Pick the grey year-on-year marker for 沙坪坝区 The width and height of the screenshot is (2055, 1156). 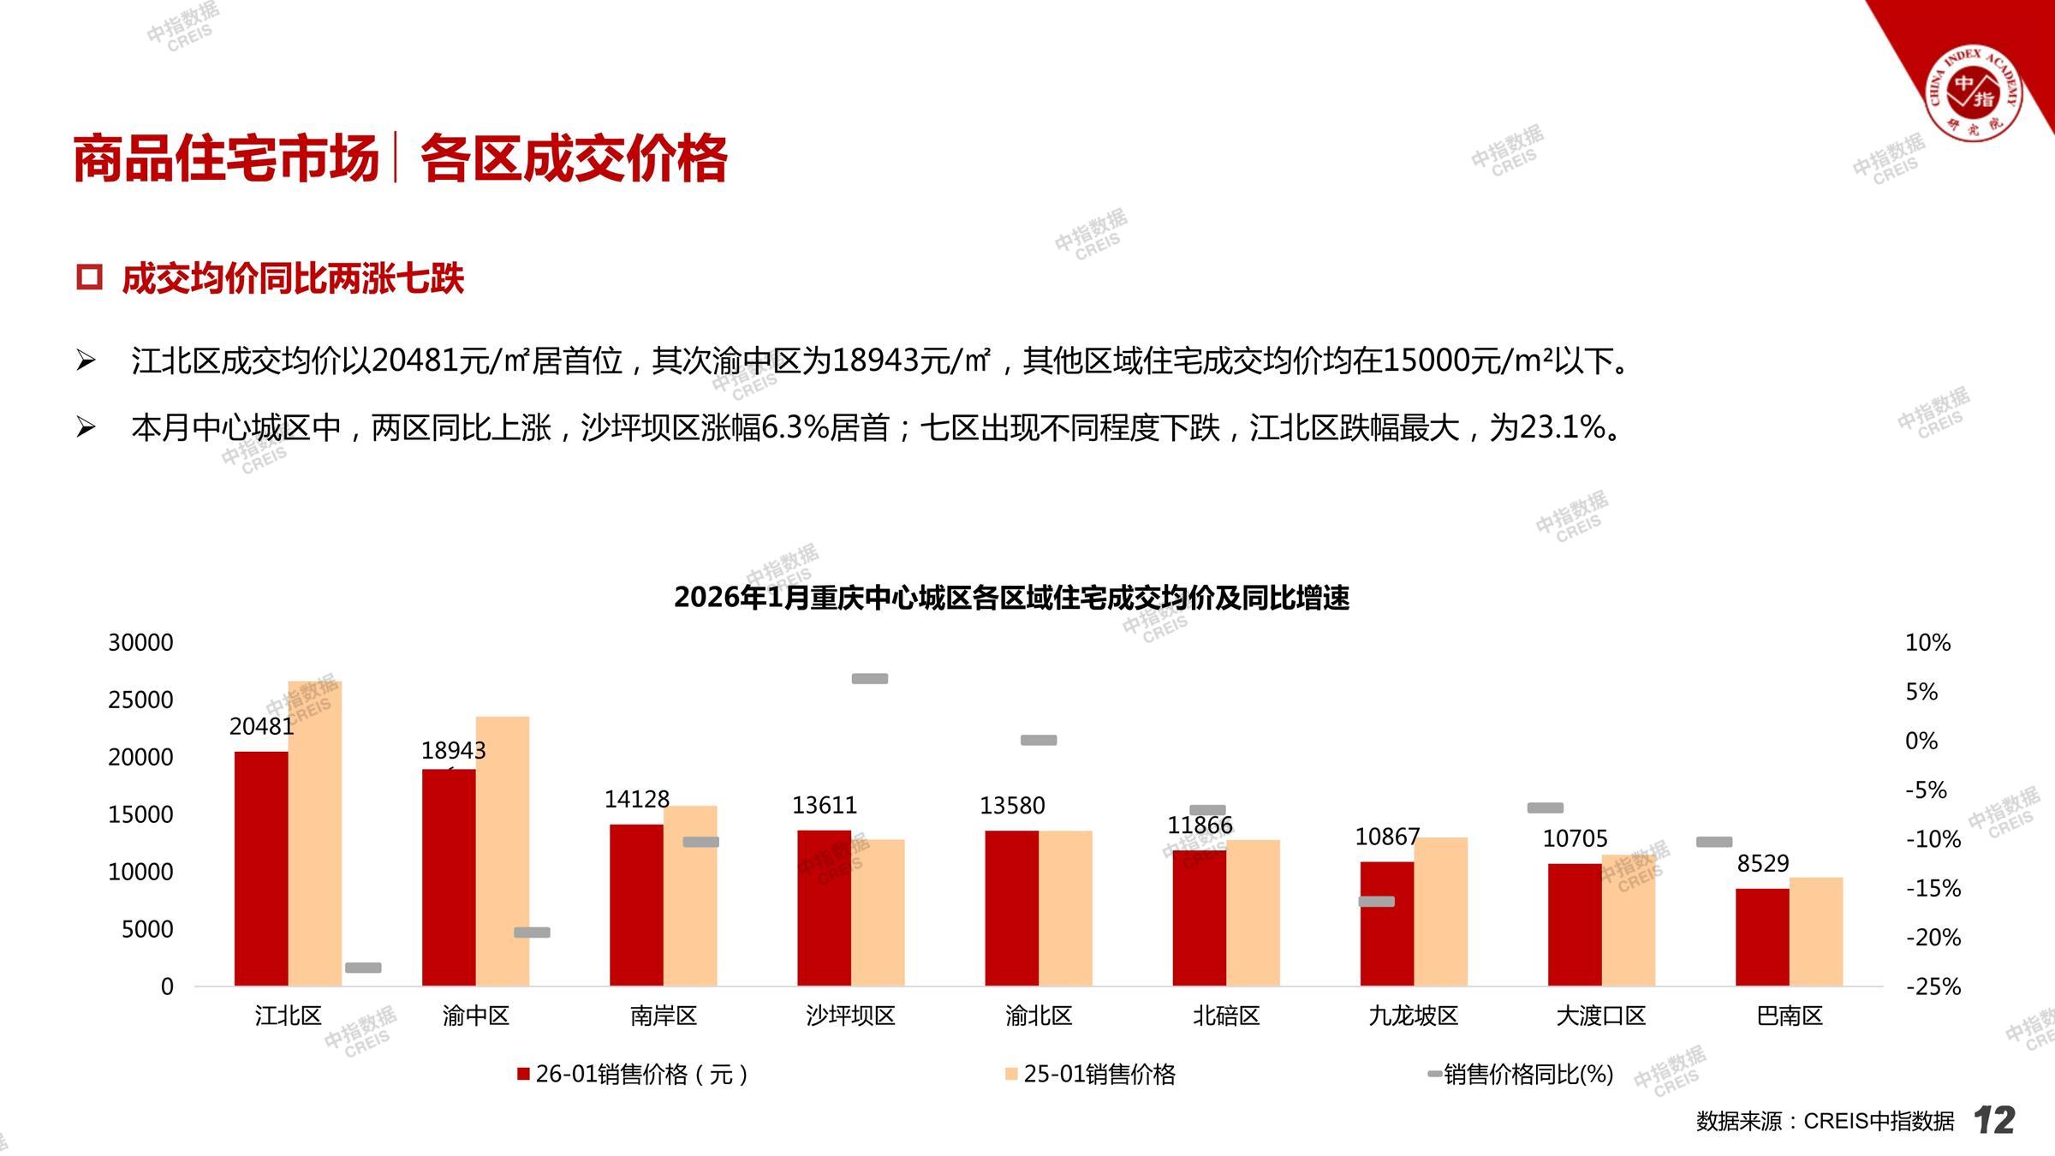pos(869,679)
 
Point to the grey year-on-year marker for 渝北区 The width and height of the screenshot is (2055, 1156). pos(1039,740)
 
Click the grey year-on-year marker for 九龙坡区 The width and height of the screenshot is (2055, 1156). pos(1376,901)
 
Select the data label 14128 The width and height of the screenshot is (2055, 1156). pos(636,799)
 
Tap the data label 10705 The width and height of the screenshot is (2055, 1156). pos(1575,838)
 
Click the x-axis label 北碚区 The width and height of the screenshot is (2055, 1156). pos(1226,1016)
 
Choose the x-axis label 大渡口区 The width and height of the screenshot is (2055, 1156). pos(1600,1016)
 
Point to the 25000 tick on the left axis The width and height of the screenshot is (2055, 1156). pos(140,700)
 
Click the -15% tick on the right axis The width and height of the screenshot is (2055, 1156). pos(1933,888)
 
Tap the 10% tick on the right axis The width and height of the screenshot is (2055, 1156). pos(1927,642)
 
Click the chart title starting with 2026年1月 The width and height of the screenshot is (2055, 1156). pos(1011,598)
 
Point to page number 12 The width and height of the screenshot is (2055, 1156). pos(1994,1120)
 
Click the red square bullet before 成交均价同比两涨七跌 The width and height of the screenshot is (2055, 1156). pos(89,277)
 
